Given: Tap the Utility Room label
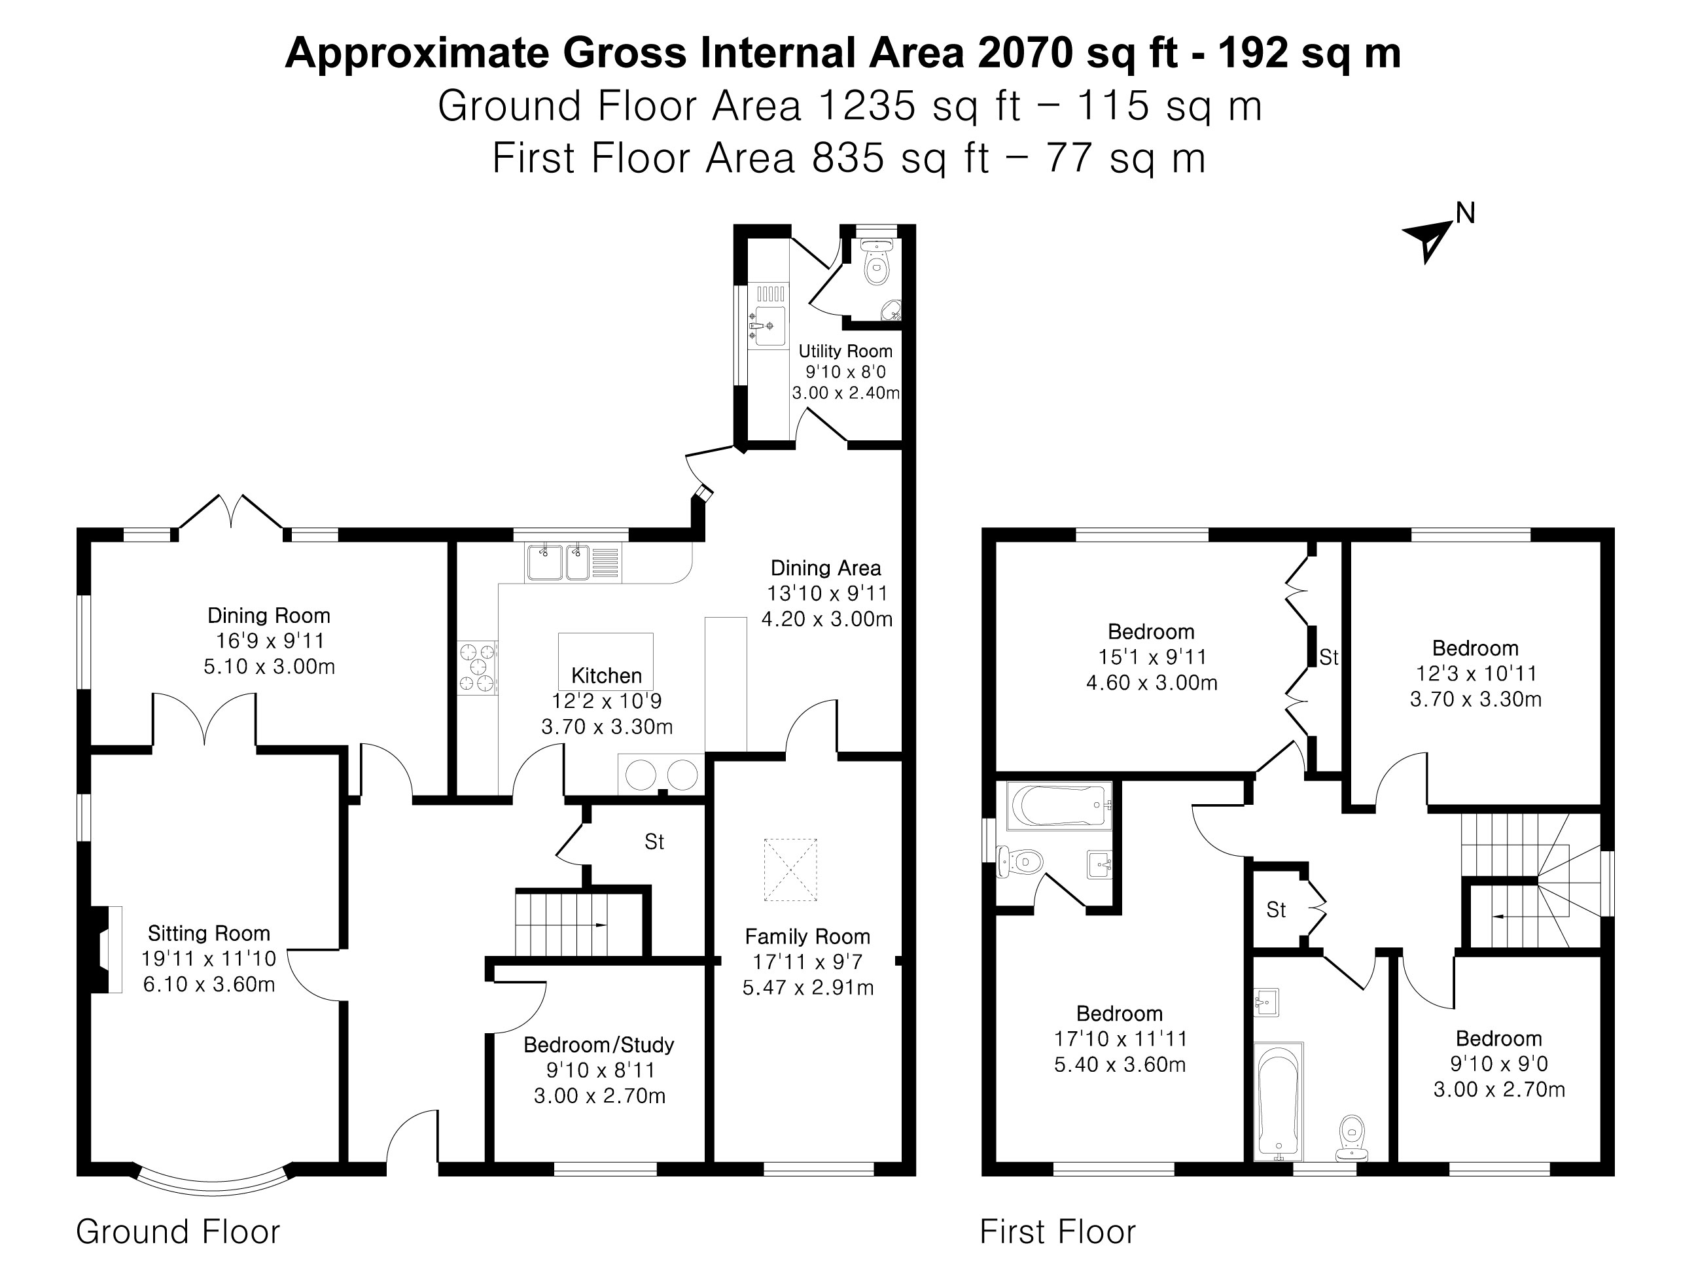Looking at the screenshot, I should pos(845,351).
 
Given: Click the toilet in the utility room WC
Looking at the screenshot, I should pos(876,264).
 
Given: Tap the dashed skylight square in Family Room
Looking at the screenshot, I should pos(790,869).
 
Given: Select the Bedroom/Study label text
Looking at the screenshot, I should pos(599,1044).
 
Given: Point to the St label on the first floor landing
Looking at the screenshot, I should pos(1276,910).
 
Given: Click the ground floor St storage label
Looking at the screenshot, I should pos(654,842).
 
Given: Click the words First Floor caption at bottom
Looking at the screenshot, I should pos(1057,1232).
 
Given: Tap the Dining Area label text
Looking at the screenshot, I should pos(825,568).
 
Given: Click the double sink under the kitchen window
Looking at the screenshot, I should pos(558,562).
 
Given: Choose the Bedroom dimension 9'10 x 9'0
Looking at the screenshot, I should pos(1498,1064).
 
